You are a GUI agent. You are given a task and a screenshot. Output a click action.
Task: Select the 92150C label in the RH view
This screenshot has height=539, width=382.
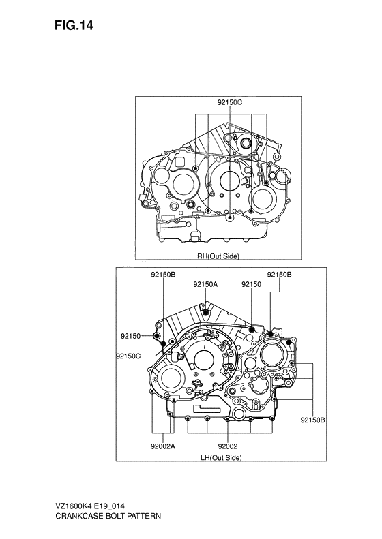point(230,102)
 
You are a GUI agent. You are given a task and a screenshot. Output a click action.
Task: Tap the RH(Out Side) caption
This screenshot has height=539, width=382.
point(218,256)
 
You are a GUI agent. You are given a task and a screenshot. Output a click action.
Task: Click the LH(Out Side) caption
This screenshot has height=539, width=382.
point(221,457)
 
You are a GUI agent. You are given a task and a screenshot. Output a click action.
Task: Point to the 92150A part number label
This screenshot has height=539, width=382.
point(205,284)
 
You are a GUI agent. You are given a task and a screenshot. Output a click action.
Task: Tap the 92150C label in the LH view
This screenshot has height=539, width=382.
point(128,356)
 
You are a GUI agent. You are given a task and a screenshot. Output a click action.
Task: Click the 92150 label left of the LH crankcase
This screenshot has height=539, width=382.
point(131,336)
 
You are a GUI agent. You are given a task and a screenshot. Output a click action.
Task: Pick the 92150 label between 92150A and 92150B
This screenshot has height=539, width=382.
point(252,284)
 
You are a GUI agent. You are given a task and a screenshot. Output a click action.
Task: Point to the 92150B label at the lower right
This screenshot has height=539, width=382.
point(312,420)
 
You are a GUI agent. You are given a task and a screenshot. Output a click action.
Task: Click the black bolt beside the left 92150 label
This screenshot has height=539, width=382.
point(157,336)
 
